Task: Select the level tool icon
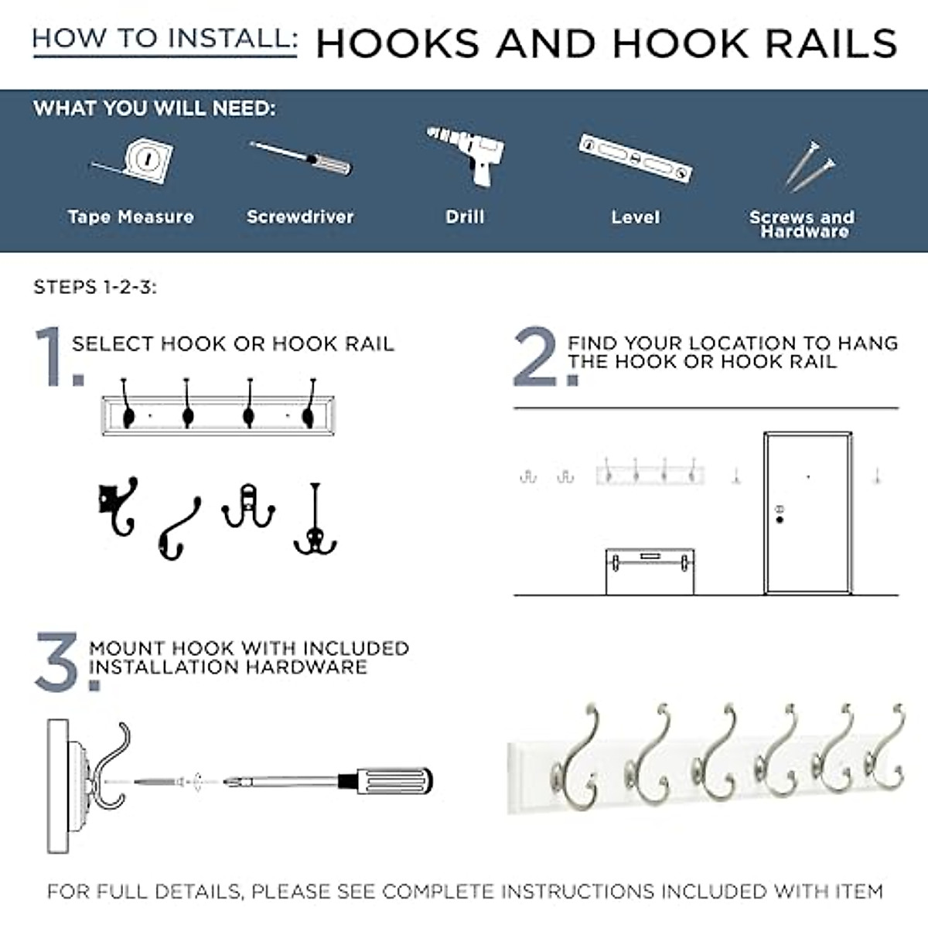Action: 636,159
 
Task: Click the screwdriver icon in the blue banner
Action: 301,159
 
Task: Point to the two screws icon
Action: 810,166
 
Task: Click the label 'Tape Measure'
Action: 131,217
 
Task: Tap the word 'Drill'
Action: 465,217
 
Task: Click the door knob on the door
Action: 780,520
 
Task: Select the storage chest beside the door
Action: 650,571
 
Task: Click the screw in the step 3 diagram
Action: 159,782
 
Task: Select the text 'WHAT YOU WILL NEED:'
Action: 155,108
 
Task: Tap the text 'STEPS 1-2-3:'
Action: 95,288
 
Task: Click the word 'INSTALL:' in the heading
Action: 230,38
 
